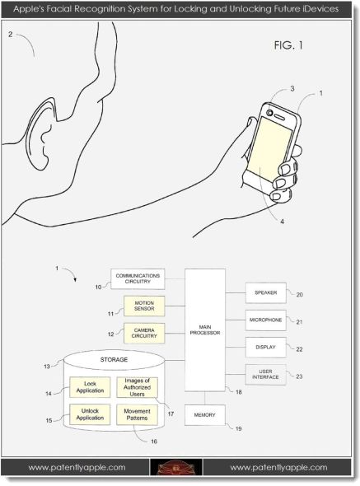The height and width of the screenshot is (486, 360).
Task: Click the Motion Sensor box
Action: tap(144, 306)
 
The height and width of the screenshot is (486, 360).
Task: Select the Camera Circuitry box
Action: tap(144, 333)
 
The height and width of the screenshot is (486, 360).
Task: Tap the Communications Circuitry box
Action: tap(138, 279)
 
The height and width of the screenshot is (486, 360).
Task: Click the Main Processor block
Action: tap(205, 330)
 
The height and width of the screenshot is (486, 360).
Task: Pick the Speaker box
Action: tap(266, 292)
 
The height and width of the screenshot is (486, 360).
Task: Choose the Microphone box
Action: tap(266, 320)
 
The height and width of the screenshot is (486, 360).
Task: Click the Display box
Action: tap(266, 347)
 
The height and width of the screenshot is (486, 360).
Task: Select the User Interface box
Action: tap(266, 375)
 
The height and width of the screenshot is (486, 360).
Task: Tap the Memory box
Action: tap(205, 414)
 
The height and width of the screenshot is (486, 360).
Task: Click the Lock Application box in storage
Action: tap(90, 387)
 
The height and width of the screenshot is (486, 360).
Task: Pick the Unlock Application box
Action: tap(90, 414)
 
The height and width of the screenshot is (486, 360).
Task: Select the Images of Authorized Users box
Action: tap(137, 387)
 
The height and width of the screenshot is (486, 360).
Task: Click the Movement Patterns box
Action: tap(137, 414)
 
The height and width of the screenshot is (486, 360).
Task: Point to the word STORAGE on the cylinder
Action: tap(114, 359)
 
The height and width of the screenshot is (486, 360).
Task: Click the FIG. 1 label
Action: tap(288, 45)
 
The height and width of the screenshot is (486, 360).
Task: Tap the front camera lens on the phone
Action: tap(269, 113)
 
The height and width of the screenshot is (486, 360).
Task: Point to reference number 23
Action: tap(299, 376)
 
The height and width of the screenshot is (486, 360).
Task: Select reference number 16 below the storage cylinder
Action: tap(154, 442)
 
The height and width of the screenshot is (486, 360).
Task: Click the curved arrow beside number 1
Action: tap(71, 273)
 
